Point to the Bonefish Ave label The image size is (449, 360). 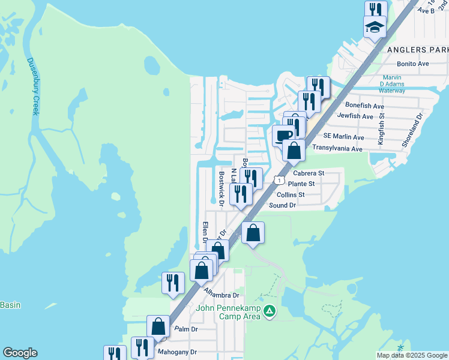click(x=364, y=106)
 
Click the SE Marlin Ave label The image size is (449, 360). click(x=343, y=137)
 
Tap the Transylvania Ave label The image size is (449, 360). click(x=336, y=148)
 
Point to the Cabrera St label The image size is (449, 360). click(x=309, y=173)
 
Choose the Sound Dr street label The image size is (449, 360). click(x=283, y=205)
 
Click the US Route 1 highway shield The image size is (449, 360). click(x=279, y=180)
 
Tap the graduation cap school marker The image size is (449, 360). click(x=374, y=26)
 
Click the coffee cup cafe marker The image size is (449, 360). click(x=283, y=134)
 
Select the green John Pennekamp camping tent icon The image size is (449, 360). click(x=270, y=311)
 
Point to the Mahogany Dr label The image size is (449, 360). click(x=176, y=352)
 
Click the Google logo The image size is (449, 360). click(x=20, y=353)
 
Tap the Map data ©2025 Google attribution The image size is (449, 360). click(x=411, y=355)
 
